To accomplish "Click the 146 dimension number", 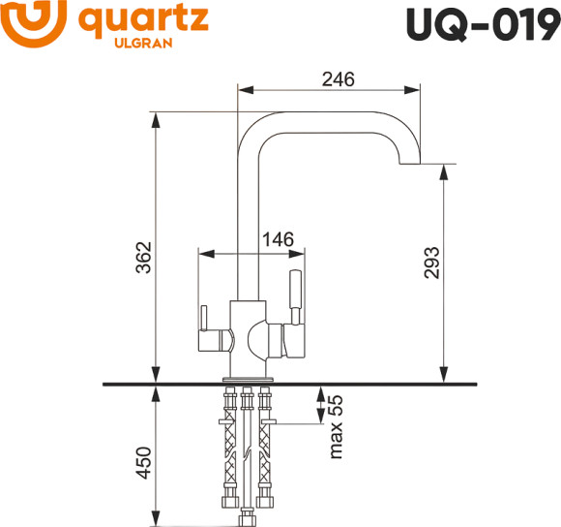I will [277, 238].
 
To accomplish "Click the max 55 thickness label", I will [335, 426].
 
